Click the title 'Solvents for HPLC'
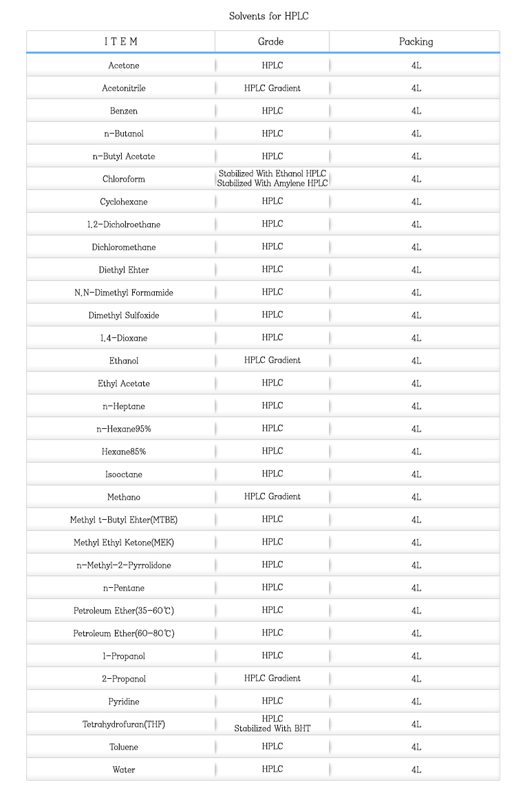[x=268, y=16]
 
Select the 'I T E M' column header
[x=121, y=41]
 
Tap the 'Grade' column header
[x=271, y=41]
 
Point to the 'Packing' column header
[x=416, y=41]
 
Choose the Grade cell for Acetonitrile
[x=272, y=88]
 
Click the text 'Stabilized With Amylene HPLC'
[x=272, y=183]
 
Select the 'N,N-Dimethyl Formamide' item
[x=124, y=293]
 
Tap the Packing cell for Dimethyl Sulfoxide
[x=416, y=315]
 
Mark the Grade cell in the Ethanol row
[x=272, y=360]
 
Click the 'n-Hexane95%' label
[x=124, y=429]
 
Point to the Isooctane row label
[x=124, y=474]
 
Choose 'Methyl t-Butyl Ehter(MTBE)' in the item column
[x=124, y=520]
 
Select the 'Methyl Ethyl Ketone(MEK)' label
[x=124, y=543]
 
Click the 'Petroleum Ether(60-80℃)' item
[x=124, y=633]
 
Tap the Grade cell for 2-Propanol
[x=272, y=678]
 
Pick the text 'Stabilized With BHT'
[x=272, y=728]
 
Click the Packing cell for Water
[x=416, y=770]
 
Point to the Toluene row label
[x=124, y=747]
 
